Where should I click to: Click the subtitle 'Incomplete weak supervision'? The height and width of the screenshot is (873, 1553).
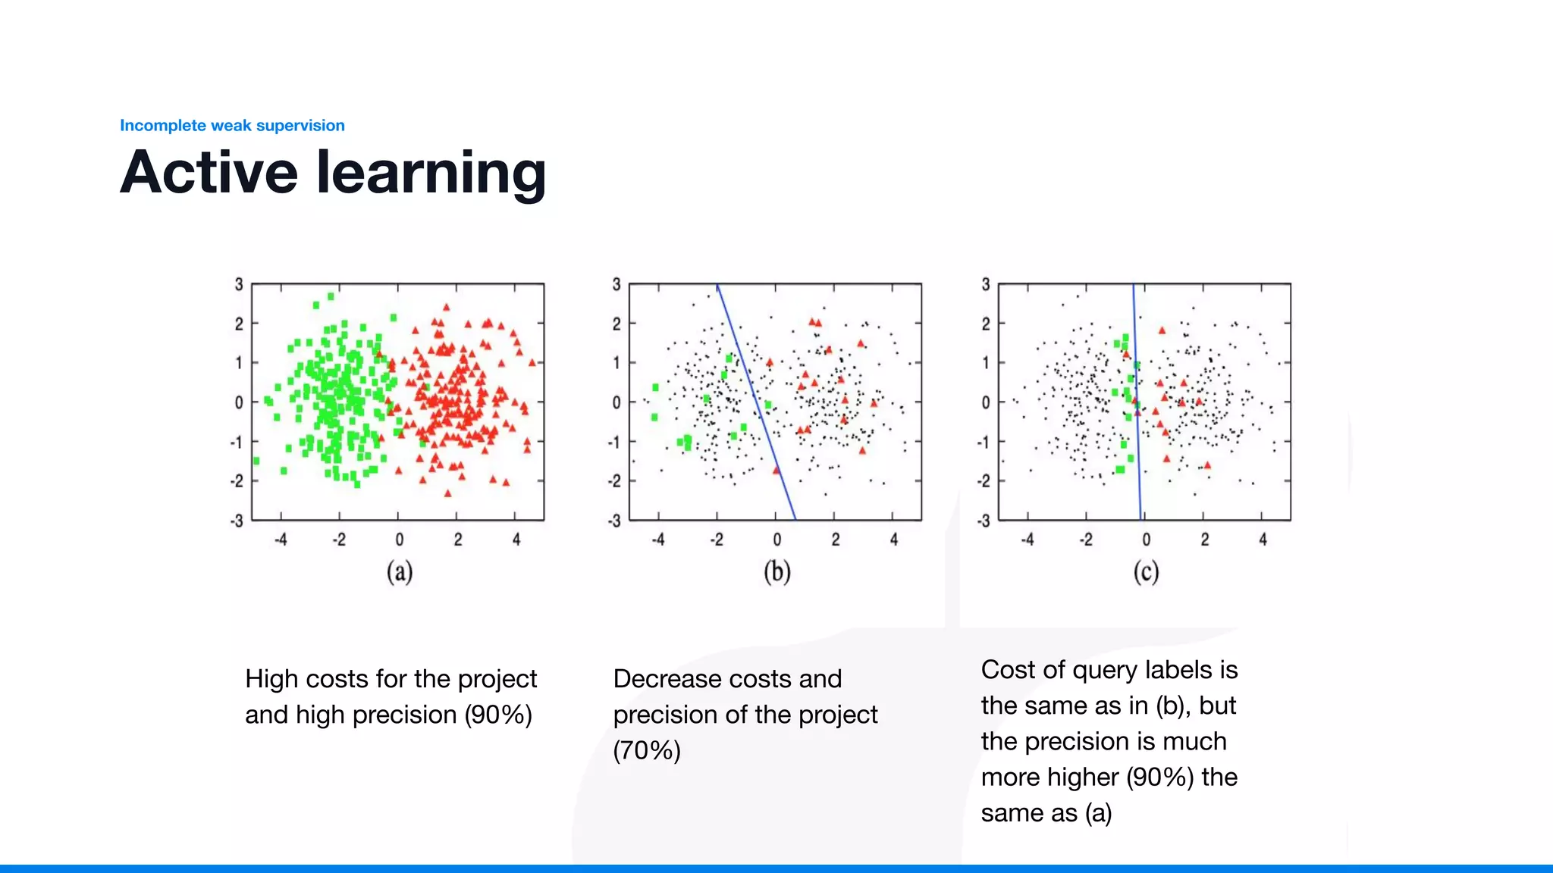[x=232, y=126]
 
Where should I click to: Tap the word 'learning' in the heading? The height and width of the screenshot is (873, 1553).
[x=430, y=174]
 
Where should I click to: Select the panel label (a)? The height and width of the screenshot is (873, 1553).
[x=400, y=571]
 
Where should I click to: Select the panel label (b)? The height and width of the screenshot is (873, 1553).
[x=776, y=571]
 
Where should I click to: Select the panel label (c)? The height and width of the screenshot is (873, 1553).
[x=1146, y=571]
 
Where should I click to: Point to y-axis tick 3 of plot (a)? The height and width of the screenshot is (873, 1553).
[x=239, y=284]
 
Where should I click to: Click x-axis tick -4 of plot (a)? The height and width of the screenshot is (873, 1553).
[x=281, y=540]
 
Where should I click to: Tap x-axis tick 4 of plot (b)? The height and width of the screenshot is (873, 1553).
[x=894, y=540]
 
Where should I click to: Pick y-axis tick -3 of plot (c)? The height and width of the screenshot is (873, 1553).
[x=984, y=521]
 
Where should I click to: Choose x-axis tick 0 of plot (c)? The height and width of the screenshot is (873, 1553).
[x=1146, y=540]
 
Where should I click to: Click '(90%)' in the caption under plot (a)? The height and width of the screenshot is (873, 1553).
[x=498, y=715]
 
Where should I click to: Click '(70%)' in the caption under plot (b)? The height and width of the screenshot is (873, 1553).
[x=647, y=750]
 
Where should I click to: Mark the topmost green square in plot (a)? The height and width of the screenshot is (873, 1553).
[x=331, y=296]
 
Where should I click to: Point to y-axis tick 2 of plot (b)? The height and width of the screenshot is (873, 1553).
[x=616, y=324]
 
